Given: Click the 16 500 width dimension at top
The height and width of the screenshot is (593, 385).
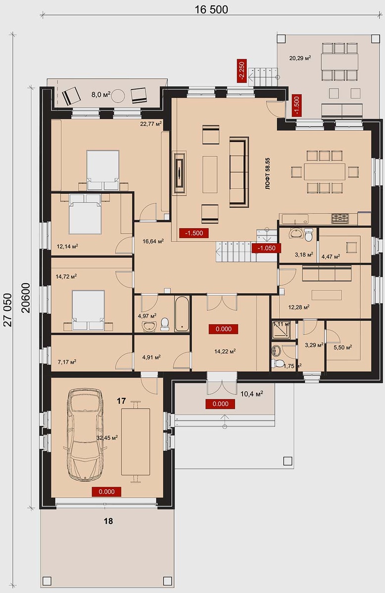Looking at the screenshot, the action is point(211,9).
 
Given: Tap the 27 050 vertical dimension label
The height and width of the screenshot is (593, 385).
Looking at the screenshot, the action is point(8,310).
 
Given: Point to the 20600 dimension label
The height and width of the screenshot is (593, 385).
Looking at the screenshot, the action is point(26,298).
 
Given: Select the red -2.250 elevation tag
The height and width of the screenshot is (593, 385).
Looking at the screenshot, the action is point(242,71).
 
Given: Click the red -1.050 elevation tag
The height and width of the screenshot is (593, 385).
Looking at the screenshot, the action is point(266,248).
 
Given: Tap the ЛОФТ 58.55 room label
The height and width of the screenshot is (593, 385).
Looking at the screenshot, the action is point(268,173).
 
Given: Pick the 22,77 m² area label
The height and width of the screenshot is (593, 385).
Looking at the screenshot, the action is point(151,124).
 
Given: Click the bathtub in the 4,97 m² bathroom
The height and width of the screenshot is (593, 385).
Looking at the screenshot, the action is point(182,314).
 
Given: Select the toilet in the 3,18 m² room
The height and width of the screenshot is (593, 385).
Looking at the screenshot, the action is point(308,235).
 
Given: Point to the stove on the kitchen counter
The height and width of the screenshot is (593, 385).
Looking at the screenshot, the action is point(340,218).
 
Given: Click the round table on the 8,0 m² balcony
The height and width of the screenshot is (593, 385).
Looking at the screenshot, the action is point(118,95).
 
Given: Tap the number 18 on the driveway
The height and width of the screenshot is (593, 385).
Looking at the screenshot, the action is point(108,521).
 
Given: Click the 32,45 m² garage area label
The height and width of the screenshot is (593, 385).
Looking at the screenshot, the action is point(107,438).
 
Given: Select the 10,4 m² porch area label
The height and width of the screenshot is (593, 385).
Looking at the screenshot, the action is point(251,394).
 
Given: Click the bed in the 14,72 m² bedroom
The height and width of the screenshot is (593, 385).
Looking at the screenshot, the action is point(89,310).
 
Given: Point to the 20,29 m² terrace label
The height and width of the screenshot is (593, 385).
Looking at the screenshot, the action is point(300,58).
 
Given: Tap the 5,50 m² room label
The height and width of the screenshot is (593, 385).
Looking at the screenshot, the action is point(343,347).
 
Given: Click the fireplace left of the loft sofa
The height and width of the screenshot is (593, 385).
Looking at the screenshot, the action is point(180,173).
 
